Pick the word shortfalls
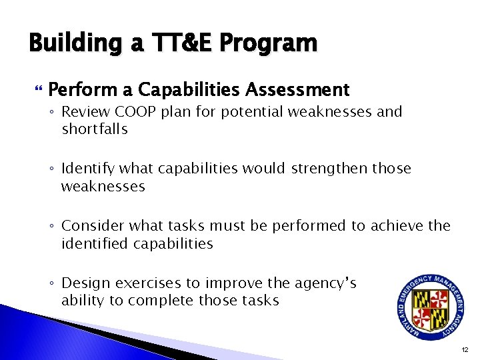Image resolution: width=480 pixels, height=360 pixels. (x=94, y=129)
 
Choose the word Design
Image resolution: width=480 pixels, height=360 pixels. (x=83, y=283)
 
